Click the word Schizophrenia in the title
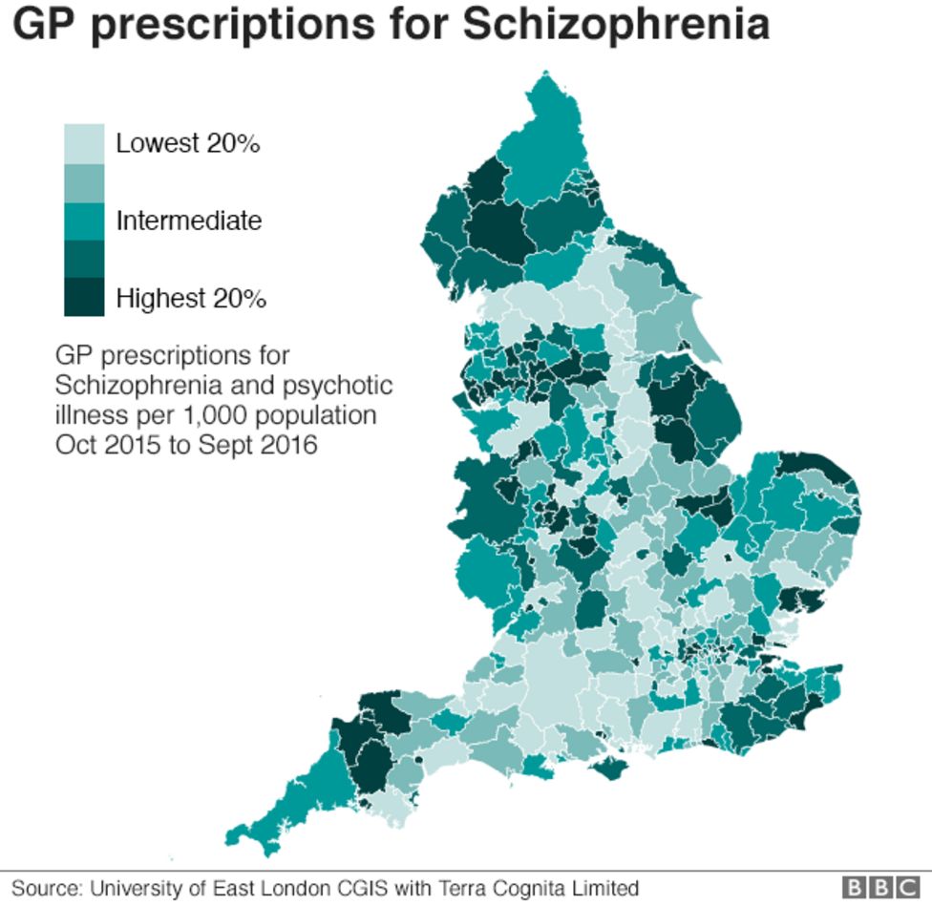(x=616, y=26)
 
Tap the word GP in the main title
(x=45, y=26)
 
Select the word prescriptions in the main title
(x=232, y=26)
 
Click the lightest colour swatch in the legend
(x=84, y=143)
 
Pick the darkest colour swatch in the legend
(x=84, y=297)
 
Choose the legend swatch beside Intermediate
(x=84, y=221)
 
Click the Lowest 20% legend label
(x=188, y=144)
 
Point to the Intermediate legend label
(x=188, y=221)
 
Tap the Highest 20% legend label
(x=191, y=298)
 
